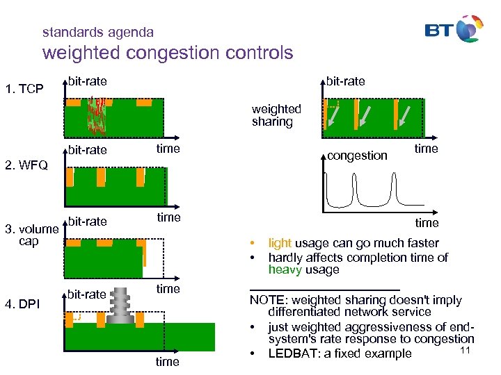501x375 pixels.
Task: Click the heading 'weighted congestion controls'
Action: pos(168,53)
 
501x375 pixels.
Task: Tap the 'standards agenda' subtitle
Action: pos(98,32)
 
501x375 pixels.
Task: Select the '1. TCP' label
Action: pos(24,89)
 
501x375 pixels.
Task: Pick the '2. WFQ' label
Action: pos(26,165)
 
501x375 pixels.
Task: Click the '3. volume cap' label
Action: pos(31,235)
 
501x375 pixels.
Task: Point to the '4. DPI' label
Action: pos(23,303)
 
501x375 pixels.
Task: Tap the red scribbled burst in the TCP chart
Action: pos(96,115)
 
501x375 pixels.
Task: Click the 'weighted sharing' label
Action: pos(276,115)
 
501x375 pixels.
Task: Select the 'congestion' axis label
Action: pos(357,156)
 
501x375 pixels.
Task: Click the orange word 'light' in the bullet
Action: pos(280,243)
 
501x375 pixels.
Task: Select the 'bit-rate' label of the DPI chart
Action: pos(87,294)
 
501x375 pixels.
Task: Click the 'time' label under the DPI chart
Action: pos(167,361)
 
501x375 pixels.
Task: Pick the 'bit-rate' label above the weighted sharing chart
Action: pos(346,81)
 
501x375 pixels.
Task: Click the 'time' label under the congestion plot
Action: pos(427,222)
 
